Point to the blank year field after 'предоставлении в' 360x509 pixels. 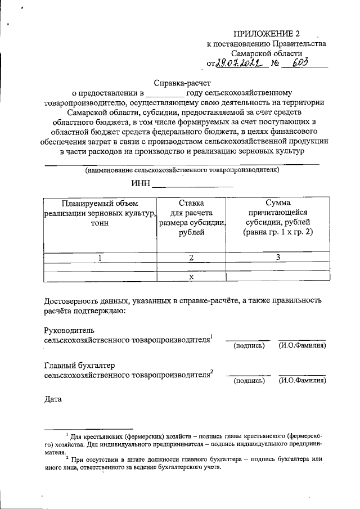pyautogui.click(x=165, y=93)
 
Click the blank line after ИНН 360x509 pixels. pyautogui.click(x=192, y=182)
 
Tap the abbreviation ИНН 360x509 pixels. pyautogui.click(x=140, y=182)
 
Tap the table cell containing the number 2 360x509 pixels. pyautogui.click(x=192, y=258)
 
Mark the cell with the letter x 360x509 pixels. pyautogui.click(x=192, y=277)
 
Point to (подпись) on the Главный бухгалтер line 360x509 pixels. pyautogui.click(x=249, y=381)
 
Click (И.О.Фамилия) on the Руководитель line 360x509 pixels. pyautogui.click(x=302, y=345)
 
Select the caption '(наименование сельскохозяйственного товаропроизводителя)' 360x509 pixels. pyautogui.click(x=182, y=169)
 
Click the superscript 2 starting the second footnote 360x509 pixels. pyautogui.click(x=67, y=457)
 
